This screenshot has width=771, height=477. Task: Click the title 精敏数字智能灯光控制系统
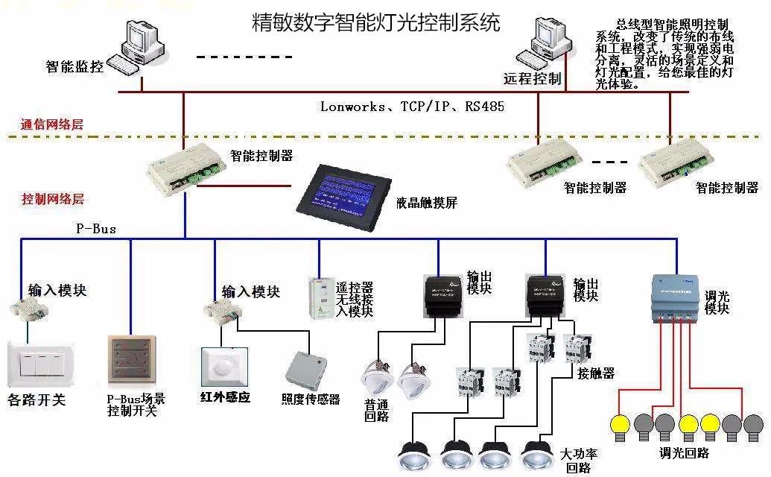pos(375,22)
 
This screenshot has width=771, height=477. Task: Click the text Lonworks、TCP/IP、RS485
pos(412,107)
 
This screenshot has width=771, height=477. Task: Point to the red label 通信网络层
pos(51,124)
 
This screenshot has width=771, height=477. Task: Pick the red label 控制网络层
pos(52,199)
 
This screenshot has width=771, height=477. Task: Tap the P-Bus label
pos(97,229)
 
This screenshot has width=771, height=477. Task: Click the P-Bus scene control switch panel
pos(131,363)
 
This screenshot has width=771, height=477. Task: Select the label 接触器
pos(596,373)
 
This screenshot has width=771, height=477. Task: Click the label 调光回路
pos(684,452)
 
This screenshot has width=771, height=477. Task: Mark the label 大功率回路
pos(579,461)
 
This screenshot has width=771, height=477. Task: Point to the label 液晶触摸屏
pos(427,203)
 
